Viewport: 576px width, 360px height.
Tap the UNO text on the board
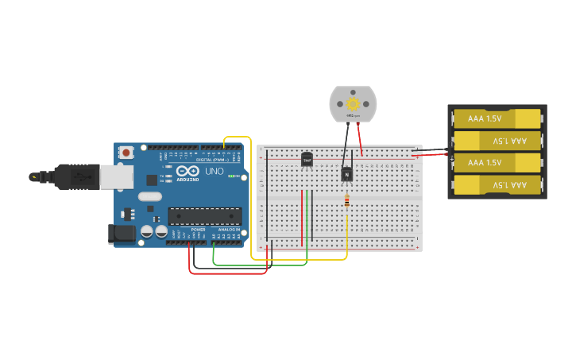(x=215, y=171)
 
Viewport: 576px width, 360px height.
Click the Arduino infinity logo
(x=187, y=170)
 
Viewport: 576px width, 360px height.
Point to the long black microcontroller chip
(x=204, y=215)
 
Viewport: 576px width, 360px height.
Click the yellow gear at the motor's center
(x=353, y=103)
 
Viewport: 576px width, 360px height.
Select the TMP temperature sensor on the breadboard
(x=307, y=159)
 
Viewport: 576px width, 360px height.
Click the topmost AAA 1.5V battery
(x=497, y=118)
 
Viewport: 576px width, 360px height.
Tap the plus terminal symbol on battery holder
(x=452, y=159)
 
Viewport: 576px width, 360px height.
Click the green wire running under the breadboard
(x=262, y=265)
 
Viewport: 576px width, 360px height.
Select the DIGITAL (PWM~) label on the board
(x=211, y=160)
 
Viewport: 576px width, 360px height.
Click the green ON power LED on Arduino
(x=230, y=176)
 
